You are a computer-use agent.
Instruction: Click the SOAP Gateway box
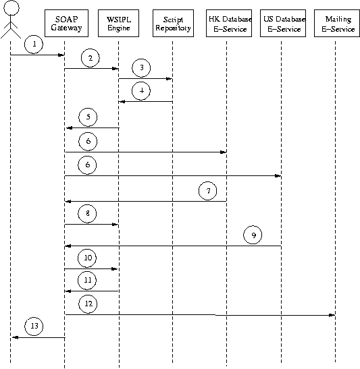click(x=65, y=24)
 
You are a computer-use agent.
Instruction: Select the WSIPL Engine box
click(x=119, y=24)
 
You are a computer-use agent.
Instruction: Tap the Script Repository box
click(x=172, y=24)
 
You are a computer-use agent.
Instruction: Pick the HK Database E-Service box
click(x=226, y=24)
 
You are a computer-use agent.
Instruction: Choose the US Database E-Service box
click(x=281, y=24)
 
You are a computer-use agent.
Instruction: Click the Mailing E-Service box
click(x=335, y=24)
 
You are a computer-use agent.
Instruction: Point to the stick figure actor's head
click(x=11, y=9)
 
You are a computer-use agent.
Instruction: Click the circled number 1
click(x=35, y=45)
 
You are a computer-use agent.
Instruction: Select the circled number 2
click(x=90, y=58)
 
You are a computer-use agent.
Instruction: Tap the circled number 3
click(x=141, y=69)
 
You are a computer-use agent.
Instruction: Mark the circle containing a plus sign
click(x=141, y=92)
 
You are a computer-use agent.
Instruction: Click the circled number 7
click(x=209, y=191)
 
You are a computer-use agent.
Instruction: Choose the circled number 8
click(x=88, y=214)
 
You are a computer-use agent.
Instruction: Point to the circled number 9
click(x=253, y=235)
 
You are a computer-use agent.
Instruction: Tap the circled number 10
click(x=88, y=258)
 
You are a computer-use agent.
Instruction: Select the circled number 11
click(x=88, y=280)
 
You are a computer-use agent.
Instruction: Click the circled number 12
click(x=88, y=304)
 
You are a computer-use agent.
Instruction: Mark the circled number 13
click(x=35, y=327)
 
